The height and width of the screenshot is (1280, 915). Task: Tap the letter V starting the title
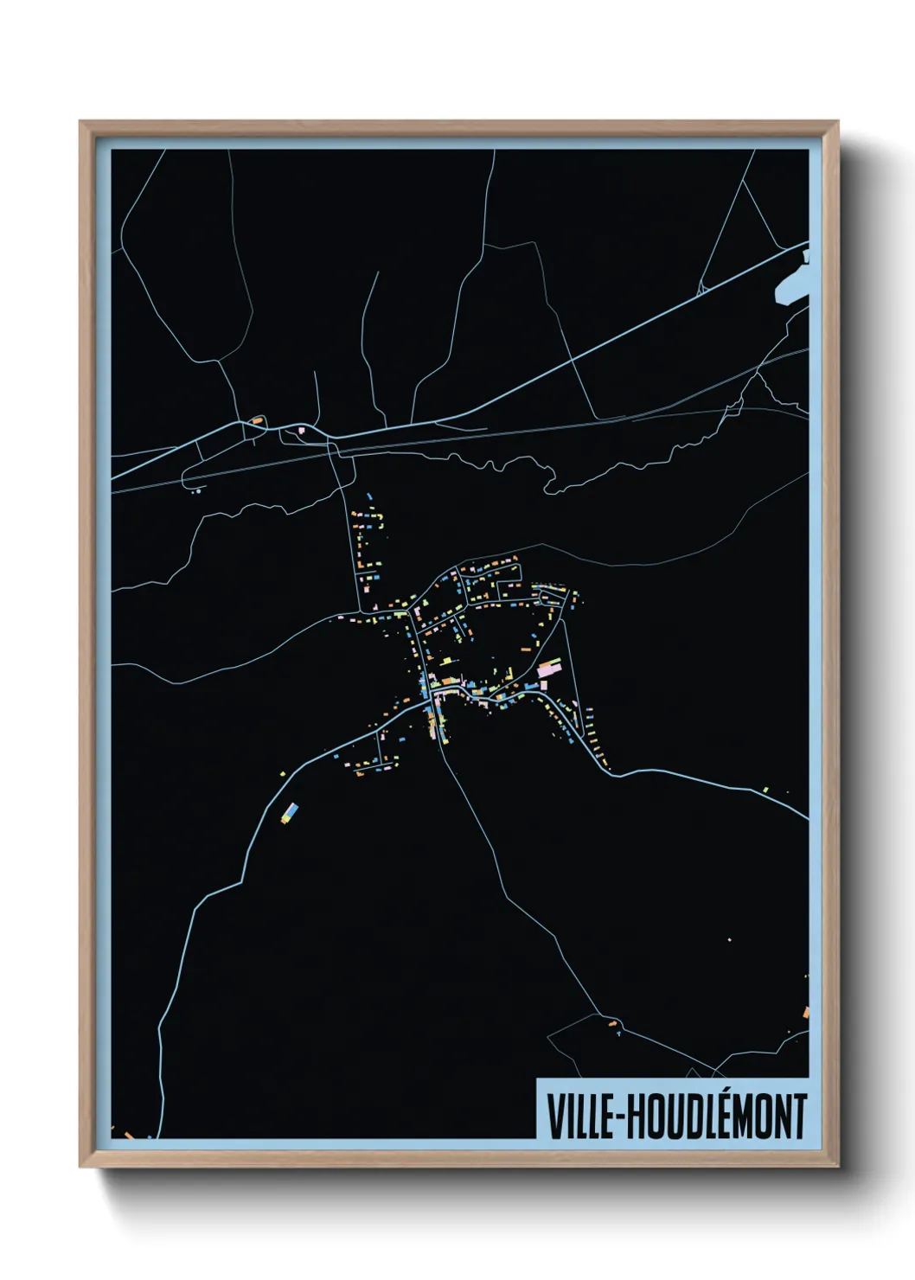(553, 1117)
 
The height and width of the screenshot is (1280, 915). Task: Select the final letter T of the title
(800, 1117)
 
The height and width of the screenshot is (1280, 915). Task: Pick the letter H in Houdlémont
(634, 1117)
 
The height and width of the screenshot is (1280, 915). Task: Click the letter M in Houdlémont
(745, 1117)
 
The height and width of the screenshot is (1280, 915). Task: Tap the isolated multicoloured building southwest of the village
(291, 812)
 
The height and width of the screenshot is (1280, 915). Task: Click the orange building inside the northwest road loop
(257, 420)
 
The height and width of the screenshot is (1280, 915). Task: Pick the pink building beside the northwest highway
(301, 429)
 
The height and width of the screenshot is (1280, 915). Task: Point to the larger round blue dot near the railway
(200, 490)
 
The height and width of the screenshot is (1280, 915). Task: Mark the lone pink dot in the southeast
(729, 939)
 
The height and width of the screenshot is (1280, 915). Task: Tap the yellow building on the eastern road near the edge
(765, 789)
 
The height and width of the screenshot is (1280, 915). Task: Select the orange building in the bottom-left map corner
(128, 1134)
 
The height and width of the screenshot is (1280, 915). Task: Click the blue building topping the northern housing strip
(369, 496)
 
